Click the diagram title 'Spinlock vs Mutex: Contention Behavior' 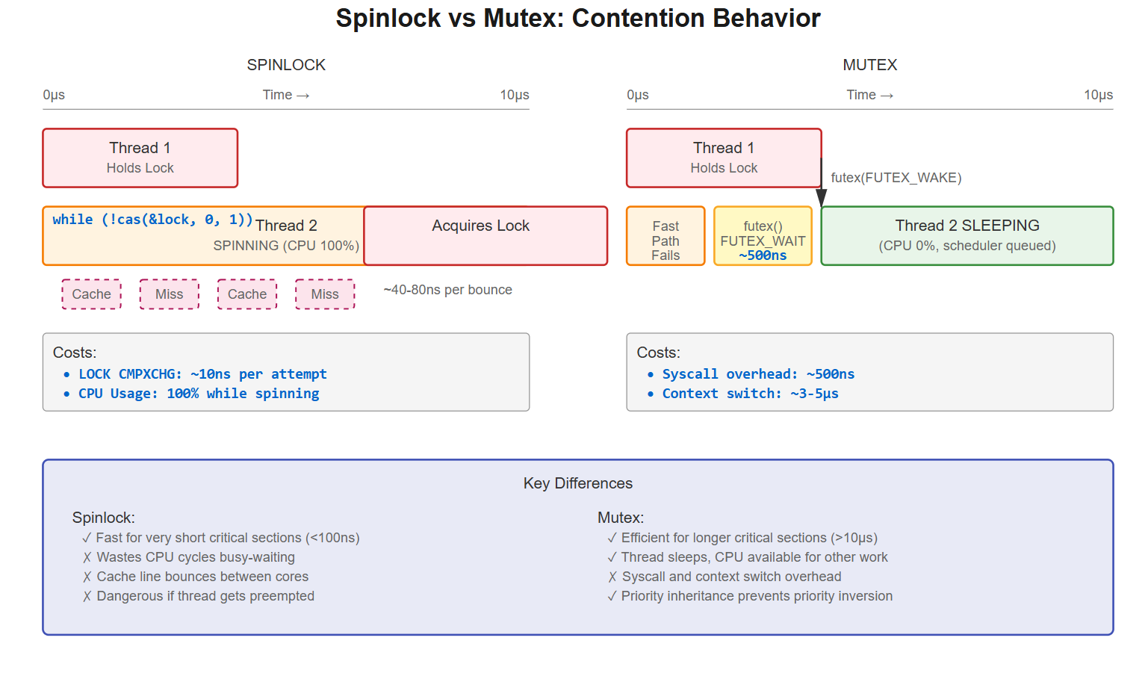pyautogui.click(x=577, y=18)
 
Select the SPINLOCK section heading pyautogui.click(x=286, y=65)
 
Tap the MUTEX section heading pyautogui.click(x=869, y=65)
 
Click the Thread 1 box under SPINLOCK pyautogui.click(x=140, y=158)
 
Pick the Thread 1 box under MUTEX pyautogui.click(x=723, y=158)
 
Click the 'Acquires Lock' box pyautogui.click(x=485, y=235)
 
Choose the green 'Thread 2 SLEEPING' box pyautogui.click(x=967, y=235)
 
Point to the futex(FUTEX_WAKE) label pyautogui.click(x=896, y=178)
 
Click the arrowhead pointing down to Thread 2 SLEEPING pyautogui.click(x=821, y=198)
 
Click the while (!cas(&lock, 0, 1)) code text pyautogui.click(x=152, y=220)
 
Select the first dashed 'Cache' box pyautogui.click(x=91, y=294)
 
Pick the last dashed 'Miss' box pyautogui.click(x=325, y=294)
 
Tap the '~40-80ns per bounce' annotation pyautogui.click(x=447, y=290)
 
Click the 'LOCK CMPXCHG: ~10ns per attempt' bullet pyautogui.click(x=202, y=374)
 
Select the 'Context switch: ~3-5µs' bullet pyautogui.click(x=749, y=394)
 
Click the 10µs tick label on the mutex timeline pyautogui.click(x=1098, y=95)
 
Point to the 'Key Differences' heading pyautogui.click(x=577, y=483)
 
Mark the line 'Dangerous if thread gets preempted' pyautogui.click(x=205, y=596)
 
